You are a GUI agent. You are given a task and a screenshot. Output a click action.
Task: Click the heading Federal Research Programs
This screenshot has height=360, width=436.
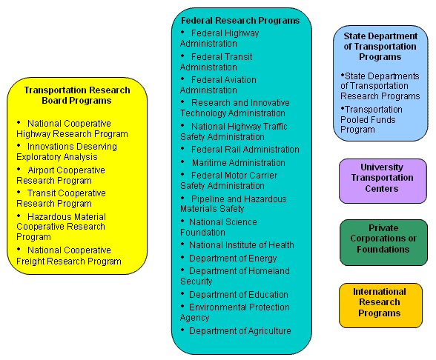[x=240, y=21]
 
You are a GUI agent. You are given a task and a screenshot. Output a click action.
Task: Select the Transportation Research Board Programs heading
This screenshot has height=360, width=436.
[x=77, y=96]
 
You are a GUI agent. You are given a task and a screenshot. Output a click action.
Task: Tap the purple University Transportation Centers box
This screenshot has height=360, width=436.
[x=383, y=181]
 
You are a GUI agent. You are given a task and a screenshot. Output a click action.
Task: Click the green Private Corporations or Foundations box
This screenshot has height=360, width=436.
[x=384, y=242]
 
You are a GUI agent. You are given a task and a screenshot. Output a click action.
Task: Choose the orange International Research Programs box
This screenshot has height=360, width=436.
[x=380, y=305]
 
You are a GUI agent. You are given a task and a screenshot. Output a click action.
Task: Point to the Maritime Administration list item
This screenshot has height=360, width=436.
[x=239, y=163]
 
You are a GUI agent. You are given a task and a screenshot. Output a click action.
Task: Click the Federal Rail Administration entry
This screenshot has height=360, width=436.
[x=245, y=150]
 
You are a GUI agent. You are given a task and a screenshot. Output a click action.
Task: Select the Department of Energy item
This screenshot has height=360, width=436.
[x=233, y=259]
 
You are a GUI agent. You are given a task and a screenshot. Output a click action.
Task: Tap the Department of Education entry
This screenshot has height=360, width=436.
[x=239, y=295]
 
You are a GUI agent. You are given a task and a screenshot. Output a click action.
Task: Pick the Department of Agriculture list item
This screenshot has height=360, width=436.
[x=240, y=331]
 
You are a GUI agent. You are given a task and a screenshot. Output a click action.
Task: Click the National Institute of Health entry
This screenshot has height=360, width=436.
[x=242, y=245]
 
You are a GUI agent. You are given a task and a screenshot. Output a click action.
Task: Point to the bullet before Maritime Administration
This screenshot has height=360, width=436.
[x=182, y=161]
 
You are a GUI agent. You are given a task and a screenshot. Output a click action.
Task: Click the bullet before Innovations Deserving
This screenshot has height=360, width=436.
[x=19, y=145]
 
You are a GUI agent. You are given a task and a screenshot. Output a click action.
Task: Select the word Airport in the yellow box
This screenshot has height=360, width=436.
[x=42, y=170]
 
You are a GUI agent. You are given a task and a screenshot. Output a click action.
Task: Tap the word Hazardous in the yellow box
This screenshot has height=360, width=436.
[x=47, y=216]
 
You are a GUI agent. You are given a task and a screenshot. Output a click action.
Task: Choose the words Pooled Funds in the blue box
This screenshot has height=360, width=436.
[x=368, y=120]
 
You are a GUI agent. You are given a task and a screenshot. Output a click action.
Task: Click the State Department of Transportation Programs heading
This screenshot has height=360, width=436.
[x=380, y=47]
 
